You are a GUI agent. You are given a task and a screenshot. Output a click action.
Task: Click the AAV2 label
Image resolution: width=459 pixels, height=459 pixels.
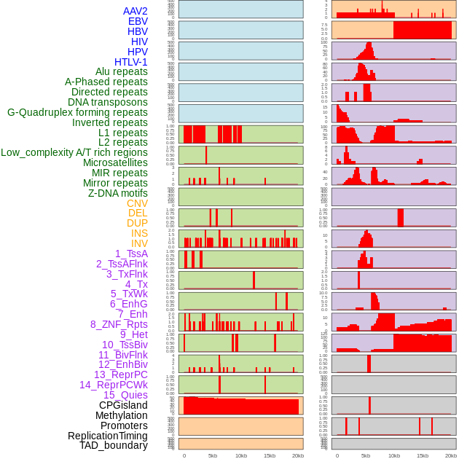(x=136, y=11)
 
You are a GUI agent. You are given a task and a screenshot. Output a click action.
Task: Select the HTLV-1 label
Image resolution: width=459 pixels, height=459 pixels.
(x=131, y=62)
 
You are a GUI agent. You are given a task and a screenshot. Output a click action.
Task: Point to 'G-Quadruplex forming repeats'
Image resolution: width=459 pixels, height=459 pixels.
(x=77, y=112)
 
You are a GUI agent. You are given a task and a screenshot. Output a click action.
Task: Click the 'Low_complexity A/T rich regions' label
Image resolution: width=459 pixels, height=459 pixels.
(x=74, y=152)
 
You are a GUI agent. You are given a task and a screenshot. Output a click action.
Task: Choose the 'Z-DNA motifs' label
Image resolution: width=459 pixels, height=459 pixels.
(x=118, y=193)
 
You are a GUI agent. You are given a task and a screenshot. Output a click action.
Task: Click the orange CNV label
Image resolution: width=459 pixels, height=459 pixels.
(x=137, y=203)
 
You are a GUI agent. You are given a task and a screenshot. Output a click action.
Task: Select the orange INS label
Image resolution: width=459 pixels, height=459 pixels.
(x=139, y=233)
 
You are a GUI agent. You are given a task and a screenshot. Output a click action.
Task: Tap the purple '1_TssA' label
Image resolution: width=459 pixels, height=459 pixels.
(x=131, y=254)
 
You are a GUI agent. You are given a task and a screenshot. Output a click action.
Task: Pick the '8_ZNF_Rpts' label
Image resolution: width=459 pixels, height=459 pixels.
(x=119, y=324)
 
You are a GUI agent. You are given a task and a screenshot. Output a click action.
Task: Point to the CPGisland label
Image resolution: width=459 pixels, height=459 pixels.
(x=123, y=405)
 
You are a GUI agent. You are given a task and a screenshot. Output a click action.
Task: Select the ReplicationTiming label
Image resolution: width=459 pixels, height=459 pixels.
(x=108, y=436)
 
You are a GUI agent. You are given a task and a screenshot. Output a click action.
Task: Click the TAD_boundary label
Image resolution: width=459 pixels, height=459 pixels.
(x=114, y=445)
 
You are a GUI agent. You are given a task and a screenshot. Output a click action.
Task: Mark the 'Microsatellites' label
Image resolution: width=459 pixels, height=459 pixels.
(x=115, y=162)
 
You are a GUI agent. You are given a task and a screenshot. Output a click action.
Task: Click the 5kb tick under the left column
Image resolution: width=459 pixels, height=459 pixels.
(x=213, y=455)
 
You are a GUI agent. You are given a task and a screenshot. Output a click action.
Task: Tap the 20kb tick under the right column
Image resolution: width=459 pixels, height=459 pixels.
(x=451, y=455)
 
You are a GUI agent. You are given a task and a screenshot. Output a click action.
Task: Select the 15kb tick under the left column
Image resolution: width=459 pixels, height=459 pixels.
(x=270, y=455)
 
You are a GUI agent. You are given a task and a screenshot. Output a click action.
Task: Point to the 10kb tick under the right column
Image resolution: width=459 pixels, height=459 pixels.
(x=394, y=455)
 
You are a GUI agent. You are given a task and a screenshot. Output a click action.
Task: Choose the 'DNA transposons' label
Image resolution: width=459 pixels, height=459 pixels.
(x=108, y=102)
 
